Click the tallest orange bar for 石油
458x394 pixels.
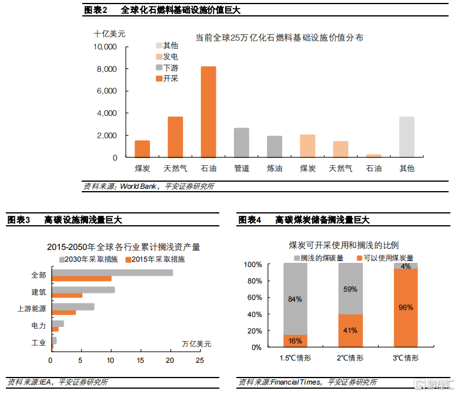pyautogui.click(x=208, y=112)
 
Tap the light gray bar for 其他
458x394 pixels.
pyautogui.click(x=406, y=137)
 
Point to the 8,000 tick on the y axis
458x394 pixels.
pyautogui.click(x=107, y=69)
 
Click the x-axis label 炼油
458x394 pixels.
pyautogui.click(x=274, y=168)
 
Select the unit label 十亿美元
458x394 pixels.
pyautogui.click(x=110, y=34)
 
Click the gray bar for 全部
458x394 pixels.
pyautogui.click(x=112, y=272)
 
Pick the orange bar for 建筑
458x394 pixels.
pyautogui.click(x=67, y=295)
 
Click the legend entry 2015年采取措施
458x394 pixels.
pyautogui.click(x=158, y=259)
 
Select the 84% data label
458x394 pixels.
pyautogui.click(x=295, y=299)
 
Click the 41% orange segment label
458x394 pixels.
pyautogui.click(x=350, y=330)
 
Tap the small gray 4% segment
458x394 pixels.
pyautogui.click(x=405, y=266)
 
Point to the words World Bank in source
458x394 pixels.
pyautogui.click(x=139, y=186)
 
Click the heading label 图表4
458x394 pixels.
pyautogui.click(x=249, y=220)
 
